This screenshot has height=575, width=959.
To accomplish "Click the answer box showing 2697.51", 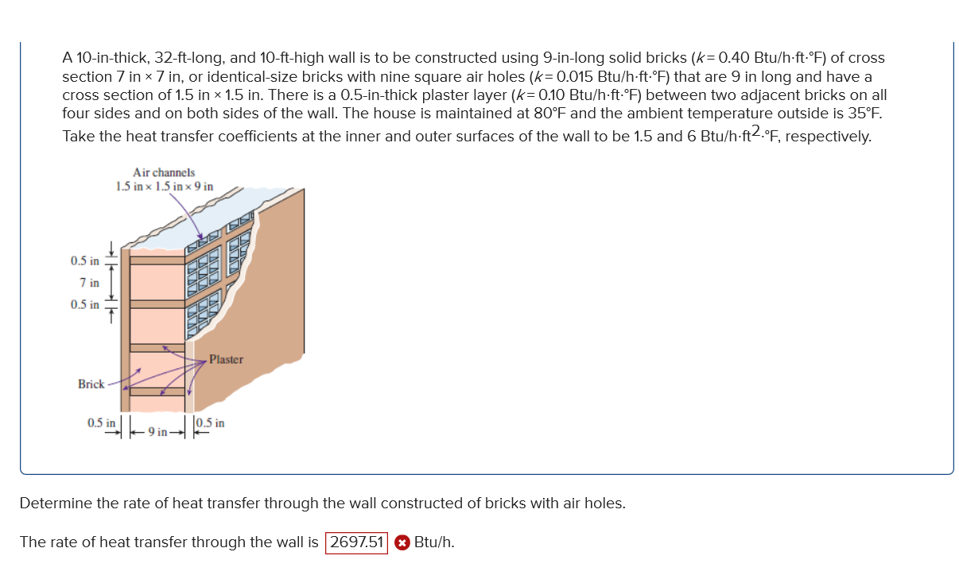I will (356, 542).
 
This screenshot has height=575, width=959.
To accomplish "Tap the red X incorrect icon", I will (402, 543).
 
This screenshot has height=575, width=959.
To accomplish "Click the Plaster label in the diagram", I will (226, 360).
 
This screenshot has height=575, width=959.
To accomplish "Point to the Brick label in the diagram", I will (91, 384).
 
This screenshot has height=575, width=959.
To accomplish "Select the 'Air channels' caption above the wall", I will (164, 172).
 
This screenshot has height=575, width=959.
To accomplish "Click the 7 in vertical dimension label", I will (90, 283).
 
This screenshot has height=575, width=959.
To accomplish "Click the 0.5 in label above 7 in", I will (84, 261).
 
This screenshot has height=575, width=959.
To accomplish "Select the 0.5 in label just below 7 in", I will (84, 305).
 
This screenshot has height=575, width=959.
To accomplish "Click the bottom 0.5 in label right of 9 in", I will (209, 423).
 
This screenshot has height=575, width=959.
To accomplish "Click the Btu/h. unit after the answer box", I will (434, 542).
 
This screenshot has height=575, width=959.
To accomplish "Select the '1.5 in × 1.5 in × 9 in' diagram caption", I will (164, 187).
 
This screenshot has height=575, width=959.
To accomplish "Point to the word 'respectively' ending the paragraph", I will (833, 136).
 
